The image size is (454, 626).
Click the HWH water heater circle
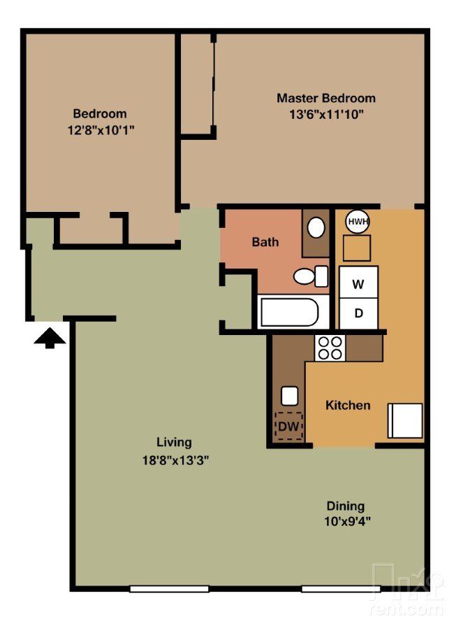pos(358,222)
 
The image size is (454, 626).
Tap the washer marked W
pos(358,284)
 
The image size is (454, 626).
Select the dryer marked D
pos(358,313)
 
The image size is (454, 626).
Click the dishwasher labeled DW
pos(289,425)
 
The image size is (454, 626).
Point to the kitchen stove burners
pos(330,348)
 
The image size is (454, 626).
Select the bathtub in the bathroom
pos(289,311)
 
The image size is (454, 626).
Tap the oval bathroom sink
pos(316,227)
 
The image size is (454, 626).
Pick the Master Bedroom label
pos(325,98)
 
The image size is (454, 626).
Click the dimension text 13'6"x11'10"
pos(325,114)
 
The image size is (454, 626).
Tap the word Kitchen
pos(348,405)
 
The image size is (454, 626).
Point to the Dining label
pos(345,506)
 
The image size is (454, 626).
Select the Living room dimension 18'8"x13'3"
pos(174,460)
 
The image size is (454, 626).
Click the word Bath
pos(265,242)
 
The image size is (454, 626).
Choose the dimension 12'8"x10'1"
pos(100,129)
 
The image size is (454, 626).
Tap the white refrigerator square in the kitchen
pos(405,420)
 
